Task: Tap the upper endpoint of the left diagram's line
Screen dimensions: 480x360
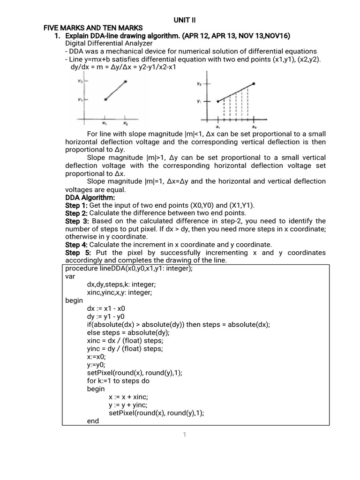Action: tap(125, 82)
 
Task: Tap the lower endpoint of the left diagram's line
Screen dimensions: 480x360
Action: tap(105, 99)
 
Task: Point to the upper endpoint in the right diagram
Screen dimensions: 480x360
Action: tap(254, 84)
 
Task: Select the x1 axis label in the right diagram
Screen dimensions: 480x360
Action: tap(218, 127)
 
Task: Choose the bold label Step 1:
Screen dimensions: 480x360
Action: tap(76, 206)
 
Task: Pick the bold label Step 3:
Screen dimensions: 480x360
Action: tap(76, 221)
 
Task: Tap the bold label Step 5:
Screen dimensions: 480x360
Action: tap(76, 253)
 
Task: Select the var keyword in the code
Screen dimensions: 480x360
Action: tap(70, 277)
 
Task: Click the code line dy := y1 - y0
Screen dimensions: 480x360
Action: tap(106, 317)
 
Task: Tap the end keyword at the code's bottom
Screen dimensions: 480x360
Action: tap(93, 421)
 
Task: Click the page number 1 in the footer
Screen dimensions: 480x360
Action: tap(185, 435)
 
